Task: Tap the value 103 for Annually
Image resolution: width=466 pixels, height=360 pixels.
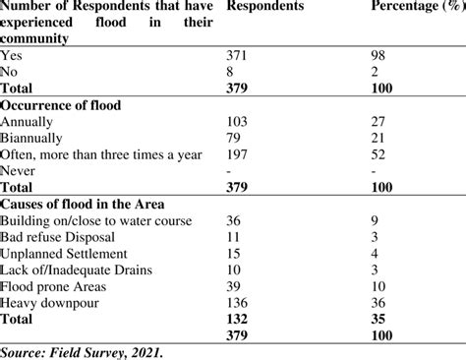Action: (x=239, y=120)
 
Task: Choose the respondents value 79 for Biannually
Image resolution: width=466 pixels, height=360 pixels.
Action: (x=235, y=136)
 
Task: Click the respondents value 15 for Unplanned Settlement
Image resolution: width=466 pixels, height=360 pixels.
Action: (x=235, y=255)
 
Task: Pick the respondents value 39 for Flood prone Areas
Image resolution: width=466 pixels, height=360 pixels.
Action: (x=235, y=286)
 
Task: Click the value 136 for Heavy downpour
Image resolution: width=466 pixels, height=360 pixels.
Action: (x=239, y=302)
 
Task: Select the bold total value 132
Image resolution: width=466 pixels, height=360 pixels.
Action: (x=239, y=319)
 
